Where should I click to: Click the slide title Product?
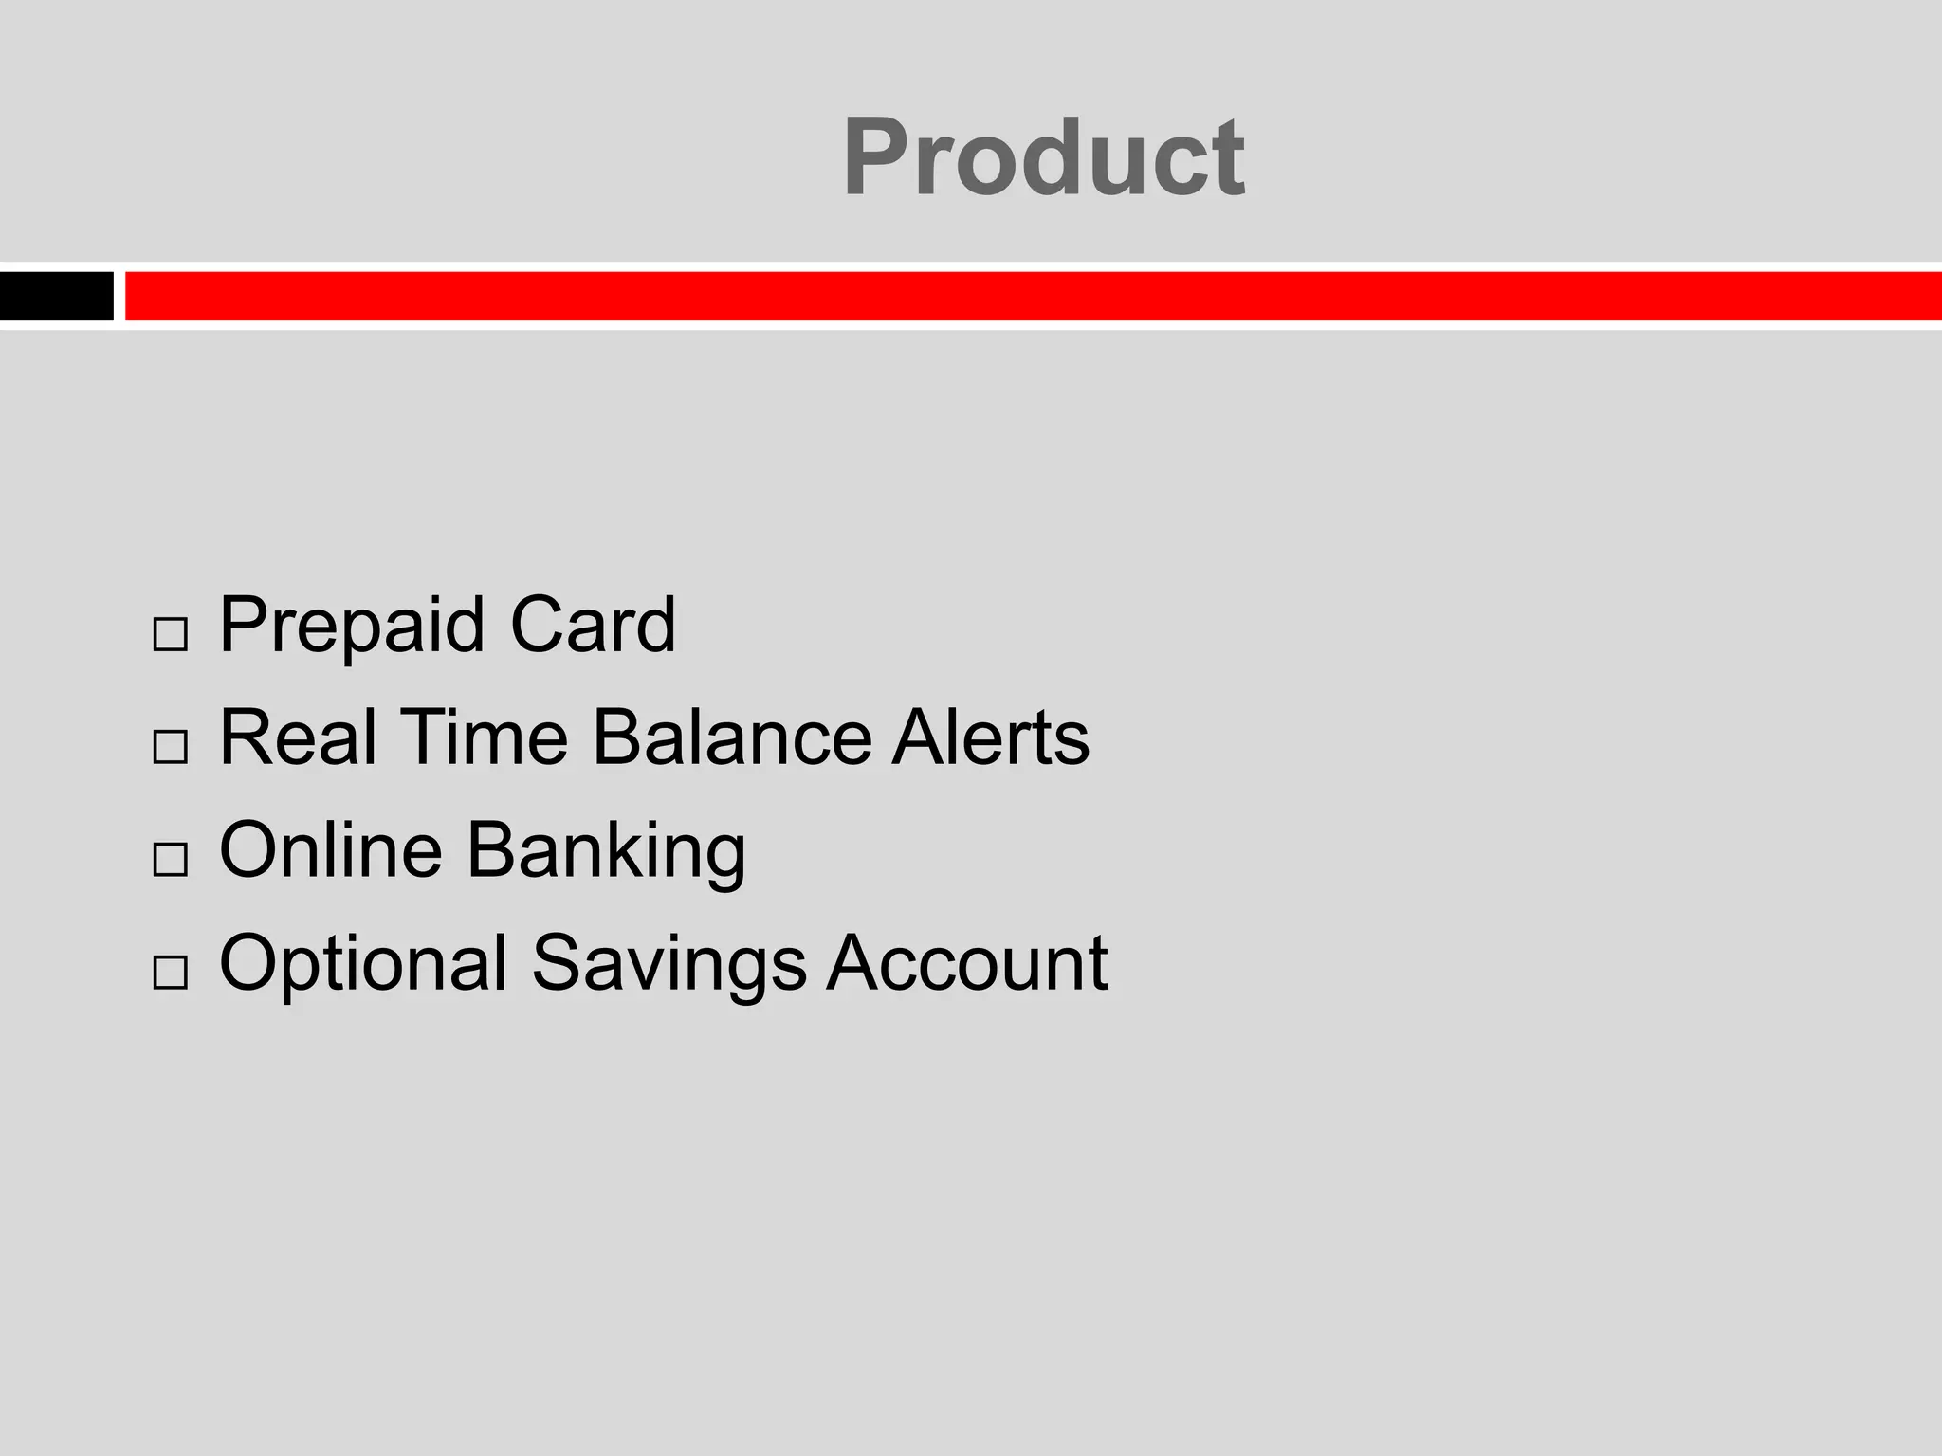pyautogui.click(x=1043, y=156)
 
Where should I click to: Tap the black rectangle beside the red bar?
pyautogui.click(x=56, y=296)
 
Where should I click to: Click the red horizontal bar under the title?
pyautogui.click(x=1032, y=296)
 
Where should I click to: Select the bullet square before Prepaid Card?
pyautogui.click(x=170, y=634)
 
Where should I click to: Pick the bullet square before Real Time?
pyautogui.click(x=170, y=747)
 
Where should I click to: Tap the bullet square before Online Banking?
pyautogui.click(x=170, y=860)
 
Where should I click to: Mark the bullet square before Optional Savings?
pyautogui.click(x=170, y=973)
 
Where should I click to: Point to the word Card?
pyautogui.click(x=593, y=626)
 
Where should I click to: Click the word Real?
pyautogui.click(x=298, y=737)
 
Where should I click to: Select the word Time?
pyautogui.click(x=484, y=737)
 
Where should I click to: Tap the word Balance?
pyautogui.click(x=731, y=737)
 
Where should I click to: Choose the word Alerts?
pyautogui.click(x=990, y=737)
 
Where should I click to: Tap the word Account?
pyautogui.click(x=967, y=963)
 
